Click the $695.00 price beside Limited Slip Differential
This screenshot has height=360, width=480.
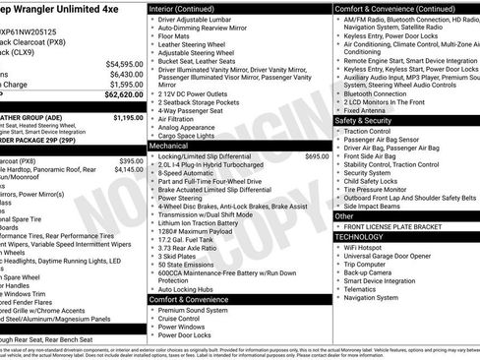click(317, 156)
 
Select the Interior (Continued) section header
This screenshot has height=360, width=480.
click(182, 8)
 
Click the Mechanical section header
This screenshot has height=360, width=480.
click(169, 145)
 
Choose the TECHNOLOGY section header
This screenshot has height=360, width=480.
click(363, 237)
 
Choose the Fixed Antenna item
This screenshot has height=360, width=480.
click(366, 109)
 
